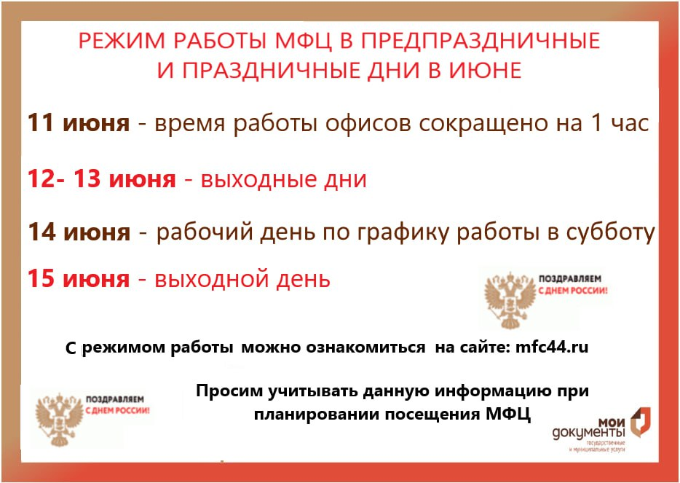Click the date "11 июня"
[x=79, y=123]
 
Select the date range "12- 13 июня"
[x=102, y=179]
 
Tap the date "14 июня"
[x=79, y=232]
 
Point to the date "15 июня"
[x=79, y=279]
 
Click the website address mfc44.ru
[x=552, y=347]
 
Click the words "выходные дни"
[x=284, y=180]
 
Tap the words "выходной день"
[x=242, y=280]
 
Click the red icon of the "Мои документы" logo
[x=640, y=421]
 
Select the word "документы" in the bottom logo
[x=589, y=433]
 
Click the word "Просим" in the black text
[x=229, y=391]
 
